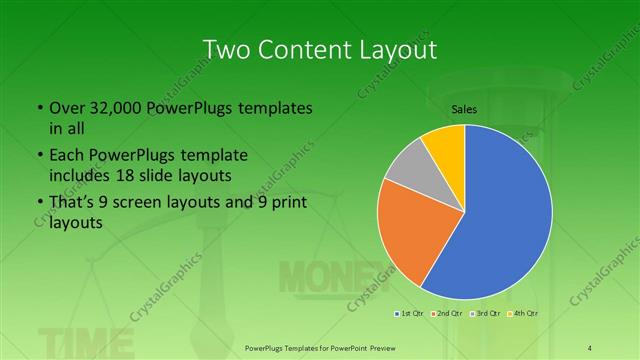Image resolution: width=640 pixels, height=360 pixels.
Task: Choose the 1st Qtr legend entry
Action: click(x=408, y=314)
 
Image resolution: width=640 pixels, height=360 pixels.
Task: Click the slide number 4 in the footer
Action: click(x=591, y=347)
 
